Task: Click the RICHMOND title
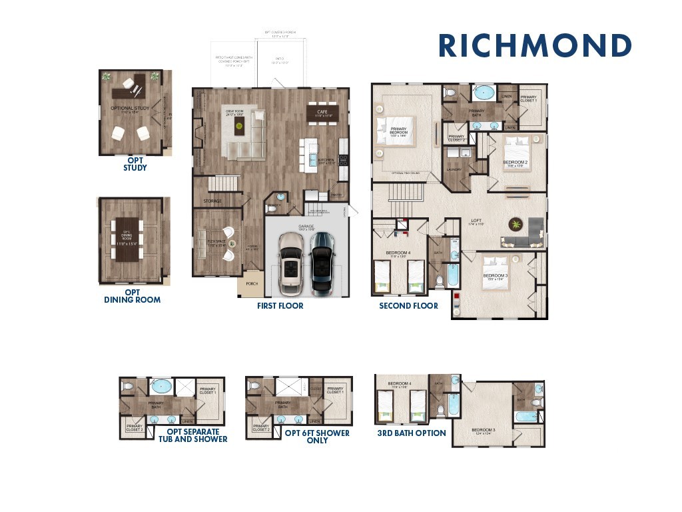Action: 535,46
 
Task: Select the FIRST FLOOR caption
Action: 280,306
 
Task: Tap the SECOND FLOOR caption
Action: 408,306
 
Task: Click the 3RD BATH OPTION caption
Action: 412,433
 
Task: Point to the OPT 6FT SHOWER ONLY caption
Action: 317,436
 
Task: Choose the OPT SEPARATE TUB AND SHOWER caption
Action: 192,435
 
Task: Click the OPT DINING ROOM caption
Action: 132,296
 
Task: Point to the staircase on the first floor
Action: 223,183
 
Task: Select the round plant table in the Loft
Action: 516,225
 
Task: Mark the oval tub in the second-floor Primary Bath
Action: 484,93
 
